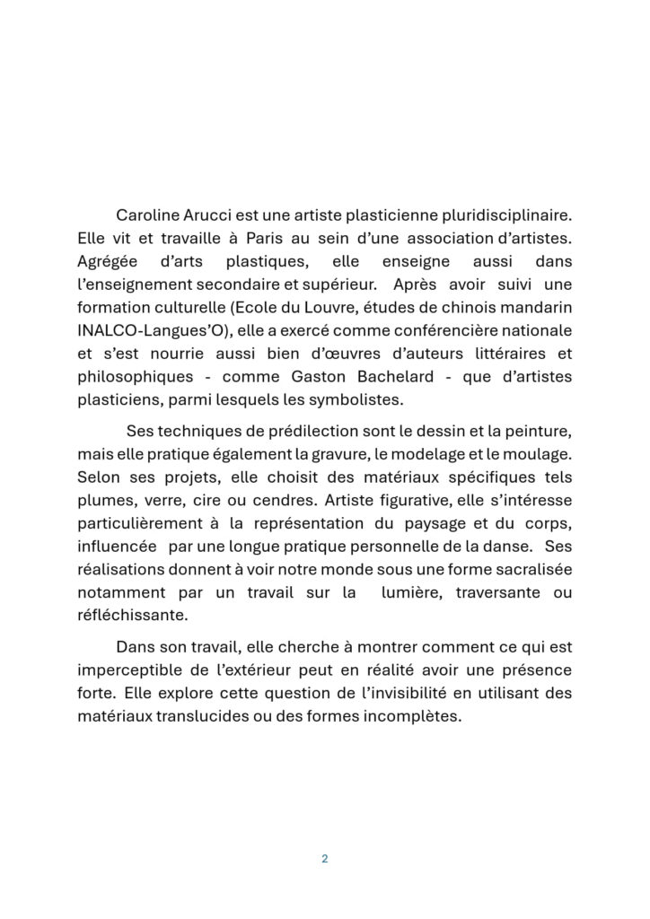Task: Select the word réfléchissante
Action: click(133, 615)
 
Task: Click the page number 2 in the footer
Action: click(324, 859)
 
